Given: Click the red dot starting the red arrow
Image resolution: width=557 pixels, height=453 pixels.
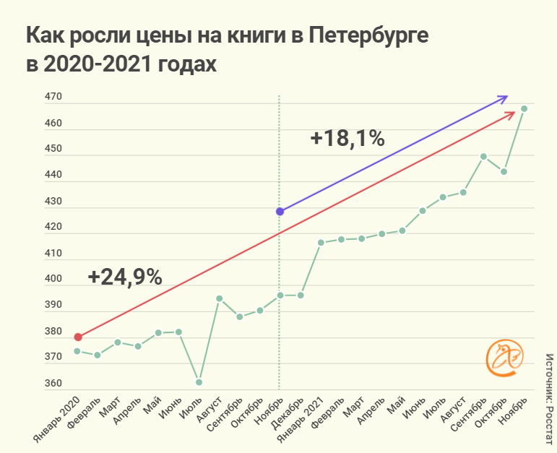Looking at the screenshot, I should [x=78, y=337].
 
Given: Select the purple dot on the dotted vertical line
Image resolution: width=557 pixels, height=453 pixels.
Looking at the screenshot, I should [x=280, y=212].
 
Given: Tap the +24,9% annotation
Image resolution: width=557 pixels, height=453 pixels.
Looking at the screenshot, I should [x=125, y=277].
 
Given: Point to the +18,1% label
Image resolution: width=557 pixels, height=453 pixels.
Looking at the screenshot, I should [x=347, y=138].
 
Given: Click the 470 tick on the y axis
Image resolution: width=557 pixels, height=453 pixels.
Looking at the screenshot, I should [x=54, y=98].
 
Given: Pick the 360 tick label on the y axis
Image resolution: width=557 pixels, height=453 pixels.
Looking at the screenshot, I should [x=54, y=384].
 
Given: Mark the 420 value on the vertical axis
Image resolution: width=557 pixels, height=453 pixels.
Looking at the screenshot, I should [x=54, y=228].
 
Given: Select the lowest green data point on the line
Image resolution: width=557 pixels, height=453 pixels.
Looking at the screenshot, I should [x=199, y=382].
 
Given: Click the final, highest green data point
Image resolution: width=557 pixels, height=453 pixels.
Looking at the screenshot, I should [x=524, y=108].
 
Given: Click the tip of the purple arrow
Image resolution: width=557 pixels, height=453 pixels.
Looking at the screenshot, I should [x=507, y=96].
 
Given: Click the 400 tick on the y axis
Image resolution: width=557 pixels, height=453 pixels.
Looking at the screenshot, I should [x=54, y=280].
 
